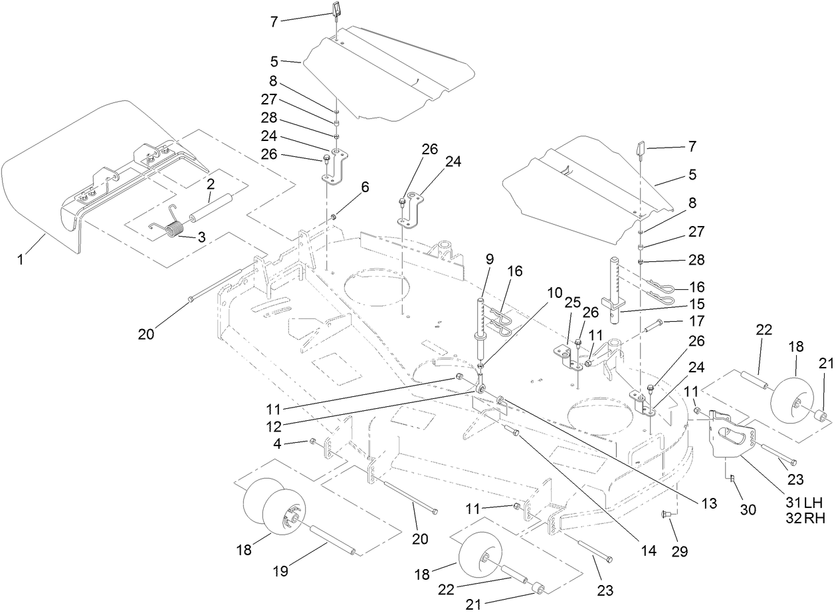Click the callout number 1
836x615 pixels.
click(20, 259)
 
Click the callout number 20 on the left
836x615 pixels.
click(146, 334)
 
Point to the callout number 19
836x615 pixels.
click(281, 571)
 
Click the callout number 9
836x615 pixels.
click(489, 259)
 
